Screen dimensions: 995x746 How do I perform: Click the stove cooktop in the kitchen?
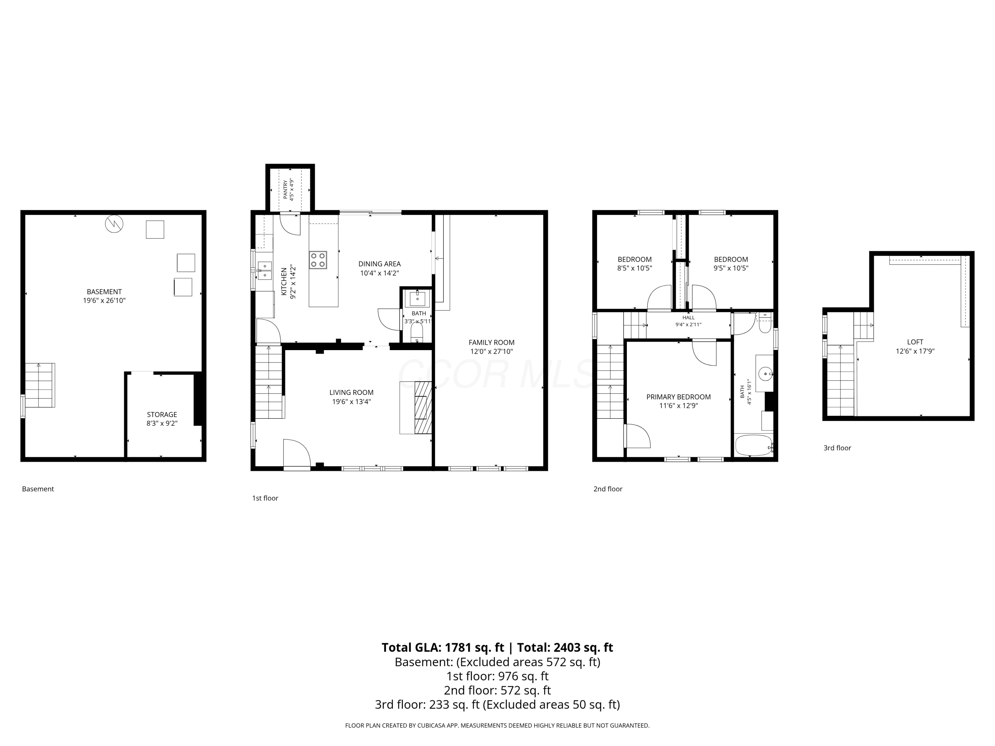(x=318, y=260)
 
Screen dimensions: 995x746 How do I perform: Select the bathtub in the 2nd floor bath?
(x=754, y=445)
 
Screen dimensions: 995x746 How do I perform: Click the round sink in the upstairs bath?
(x=765, y=373)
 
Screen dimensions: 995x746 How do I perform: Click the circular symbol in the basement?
(x=114, y=223)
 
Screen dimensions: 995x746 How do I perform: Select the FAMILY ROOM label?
(x=492, y=342)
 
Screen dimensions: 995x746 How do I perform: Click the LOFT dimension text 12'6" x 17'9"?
(x=915, y=351)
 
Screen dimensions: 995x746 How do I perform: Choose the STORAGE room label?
(x=162, y=414)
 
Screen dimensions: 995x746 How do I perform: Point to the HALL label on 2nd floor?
(x=688, y=318)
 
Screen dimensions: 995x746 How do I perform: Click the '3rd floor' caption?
(x=837, y=448)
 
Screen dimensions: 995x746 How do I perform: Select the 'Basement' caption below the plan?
(x=38, y=489)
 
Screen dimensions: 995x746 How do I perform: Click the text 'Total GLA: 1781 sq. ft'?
(x=443, y=648)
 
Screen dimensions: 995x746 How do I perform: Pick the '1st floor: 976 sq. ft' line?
(x=497, y=676)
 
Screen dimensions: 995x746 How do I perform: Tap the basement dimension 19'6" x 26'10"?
(x=104, y=300)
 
